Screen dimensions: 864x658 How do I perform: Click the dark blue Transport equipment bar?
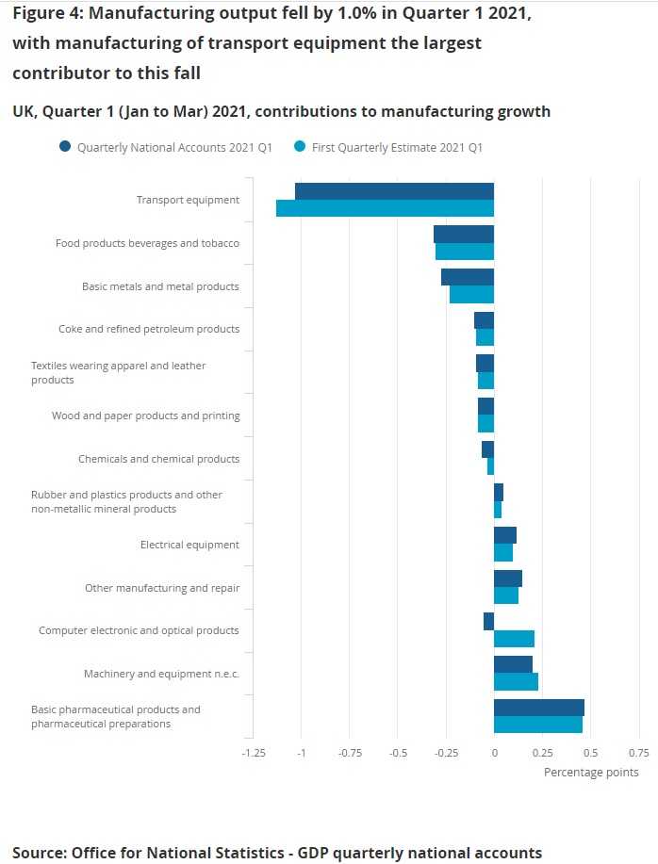(x=394, y=191)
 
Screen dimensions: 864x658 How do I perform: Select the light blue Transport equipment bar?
(x=385, y=208)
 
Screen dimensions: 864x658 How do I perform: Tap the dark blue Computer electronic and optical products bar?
(x=488, y=621)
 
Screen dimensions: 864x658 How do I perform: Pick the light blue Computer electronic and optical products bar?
(x=514, y=639)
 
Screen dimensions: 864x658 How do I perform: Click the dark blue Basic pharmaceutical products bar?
(x=538, y=708)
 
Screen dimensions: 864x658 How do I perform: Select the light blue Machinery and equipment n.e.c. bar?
(x=516, y=682)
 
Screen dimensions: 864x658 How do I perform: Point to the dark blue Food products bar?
(x=464, y=234)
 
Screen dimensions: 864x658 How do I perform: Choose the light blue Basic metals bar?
(x=471, y=294)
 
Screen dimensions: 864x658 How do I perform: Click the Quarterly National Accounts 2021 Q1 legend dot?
(x=64, y=146)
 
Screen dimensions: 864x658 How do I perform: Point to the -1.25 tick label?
(x=253, y=753)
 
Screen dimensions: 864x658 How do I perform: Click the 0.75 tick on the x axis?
(x=638, y=753)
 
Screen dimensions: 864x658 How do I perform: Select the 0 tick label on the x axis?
(x=494, y=753)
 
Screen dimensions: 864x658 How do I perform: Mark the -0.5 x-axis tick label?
(x=397, y=753)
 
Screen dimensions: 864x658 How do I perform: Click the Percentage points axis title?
(x=591, y=773)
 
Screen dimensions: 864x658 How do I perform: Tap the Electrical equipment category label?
(x=189, y=545)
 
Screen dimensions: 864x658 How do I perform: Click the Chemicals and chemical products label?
(x=158, y=459)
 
